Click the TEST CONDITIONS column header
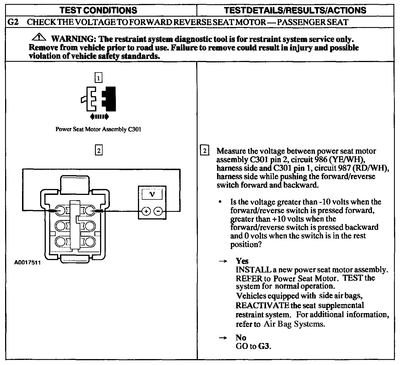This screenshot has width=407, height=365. pos(98,10)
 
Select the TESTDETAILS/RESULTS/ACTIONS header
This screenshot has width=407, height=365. pos(295,10)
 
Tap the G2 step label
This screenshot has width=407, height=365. pos(13,22)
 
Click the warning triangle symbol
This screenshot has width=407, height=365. pos(41,38)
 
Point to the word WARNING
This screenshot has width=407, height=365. pos(72,39)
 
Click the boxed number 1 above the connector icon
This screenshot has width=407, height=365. pos(98,78)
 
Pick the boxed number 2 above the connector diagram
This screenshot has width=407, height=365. pos(98,151)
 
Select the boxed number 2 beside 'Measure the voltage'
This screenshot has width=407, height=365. pos(205,151)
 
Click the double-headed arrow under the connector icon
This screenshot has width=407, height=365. pos(99,116)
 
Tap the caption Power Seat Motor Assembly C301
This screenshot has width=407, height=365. pos(98,129)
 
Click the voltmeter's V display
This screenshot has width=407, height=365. pos(152,194)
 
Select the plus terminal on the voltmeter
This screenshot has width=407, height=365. pos(146,211)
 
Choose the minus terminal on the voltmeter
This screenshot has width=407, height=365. pos(158,211)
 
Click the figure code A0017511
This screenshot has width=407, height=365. pos(27,263)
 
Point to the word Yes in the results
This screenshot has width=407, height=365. pos(242,261)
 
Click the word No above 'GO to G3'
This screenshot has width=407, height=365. pos(241,338)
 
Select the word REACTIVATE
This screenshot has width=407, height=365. pos(262,305)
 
